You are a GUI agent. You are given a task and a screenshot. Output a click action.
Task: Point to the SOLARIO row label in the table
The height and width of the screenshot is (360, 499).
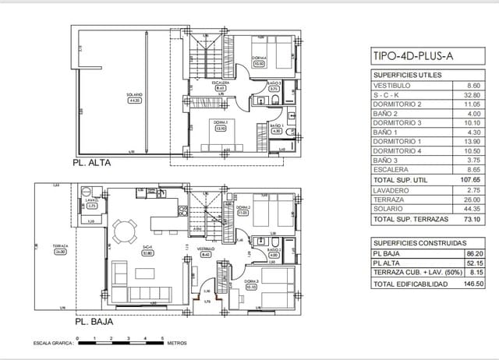tap(390, 208)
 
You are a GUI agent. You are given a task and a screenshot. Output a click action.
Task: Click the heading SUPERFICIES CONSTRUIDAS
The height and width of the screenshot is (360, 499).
tap(412, 242)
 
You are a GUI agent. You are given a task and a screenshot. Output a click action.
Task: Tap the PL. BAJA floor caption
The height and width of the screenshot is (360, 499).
tap(94, 321)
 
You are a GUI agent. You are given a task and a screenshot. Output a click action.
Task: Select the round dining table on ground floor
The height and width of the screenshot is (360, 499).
tap(123, 231)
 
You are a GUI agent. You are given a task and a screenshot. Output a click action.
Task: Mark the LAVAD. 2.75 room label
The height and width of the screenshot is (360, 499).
tap(92, 203)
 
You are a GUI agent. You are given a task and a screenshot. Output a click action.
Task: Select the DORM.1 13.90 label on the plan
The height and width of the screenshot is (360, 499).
tap(220, 127)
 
